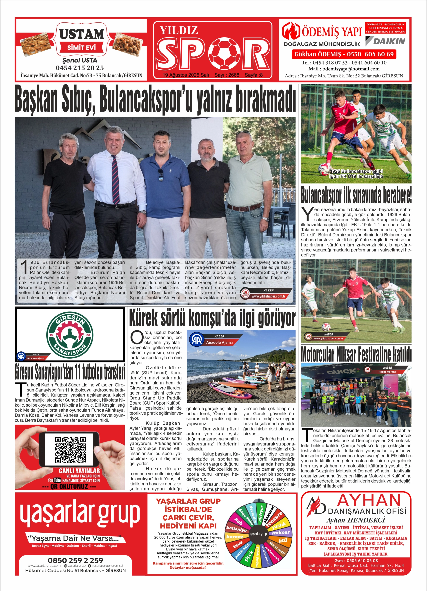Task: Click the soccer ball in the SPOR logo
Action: (x=226, y=53)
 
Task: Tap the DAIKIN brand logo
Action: (x=385, y=41)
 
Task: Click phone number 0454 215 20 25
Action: (x=80, y=68)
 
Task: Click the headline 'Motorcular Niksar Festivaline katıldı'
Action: (x=356, y=354)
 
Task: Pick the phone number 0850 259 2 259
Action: (x=75, y=560)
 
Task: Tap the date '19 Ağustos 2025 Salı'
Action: (x=185, y=75)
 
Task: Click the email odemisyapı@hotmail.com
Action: (x=344, y=69)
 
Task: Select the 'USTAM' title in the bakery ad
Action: (x=81, y=34)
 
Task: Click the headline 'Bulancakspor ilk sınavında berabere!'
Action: (x=356, y=195)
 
